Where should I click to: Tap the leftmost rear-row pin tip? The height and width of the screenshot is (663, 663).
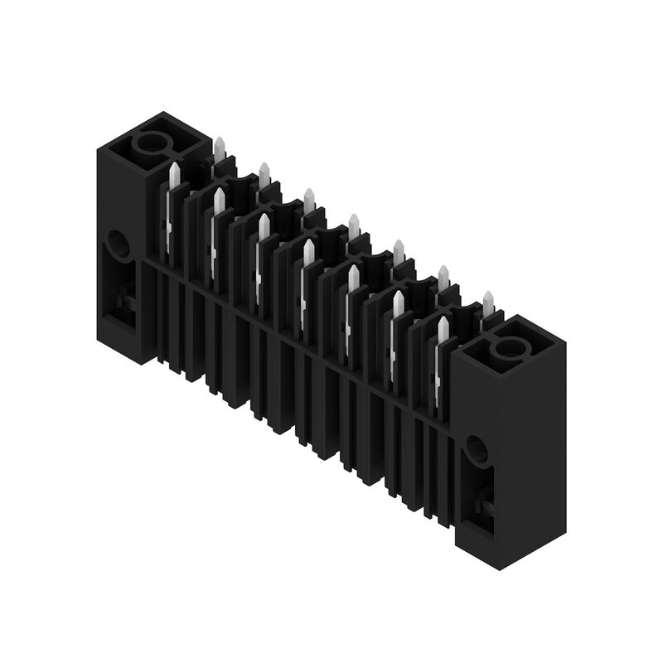220,150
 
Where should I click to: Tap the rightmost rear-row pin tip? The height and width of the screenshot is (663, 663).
488,301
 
